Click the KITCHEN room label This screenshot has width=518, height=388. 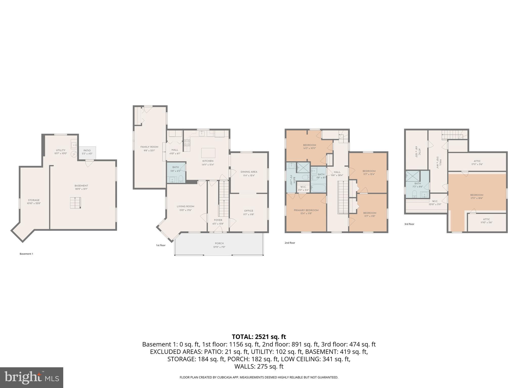click(208, 161)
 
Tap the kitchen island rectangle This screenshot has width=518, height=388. click(208, 153)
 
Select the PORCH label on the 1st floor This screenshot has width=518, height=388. click(219, 243)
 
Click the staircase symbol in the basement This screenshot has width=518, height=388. click(75, 203)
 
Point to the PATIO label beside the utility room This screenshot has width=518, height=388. click(87, 151)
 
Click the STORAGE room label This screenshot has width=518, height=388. click(34, 200)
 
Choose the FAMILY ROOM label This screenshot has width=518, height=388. click(149, 147)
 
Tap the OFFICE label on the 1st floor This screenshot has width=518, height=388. click(248, 211)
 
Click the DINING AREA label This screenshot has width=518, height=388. click(249, 172)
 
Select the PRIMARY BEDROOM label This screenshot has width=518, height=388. click(306, 210)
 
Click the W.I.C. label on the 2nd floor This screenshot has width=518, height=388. click(303, 187)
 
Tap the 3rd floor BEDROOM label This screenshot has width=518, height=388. click(477, 195)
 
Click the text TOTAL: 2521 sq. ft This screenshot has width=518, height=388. click(259, 337)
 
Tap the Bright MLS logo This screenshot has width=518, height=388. click(31, 377)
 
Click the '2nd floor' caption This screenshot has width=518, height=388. click(290, 243)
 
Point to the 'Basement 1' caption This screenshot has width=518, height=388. click(26, 254)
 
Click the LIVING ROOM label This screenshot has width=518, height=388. click(185, 206)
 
